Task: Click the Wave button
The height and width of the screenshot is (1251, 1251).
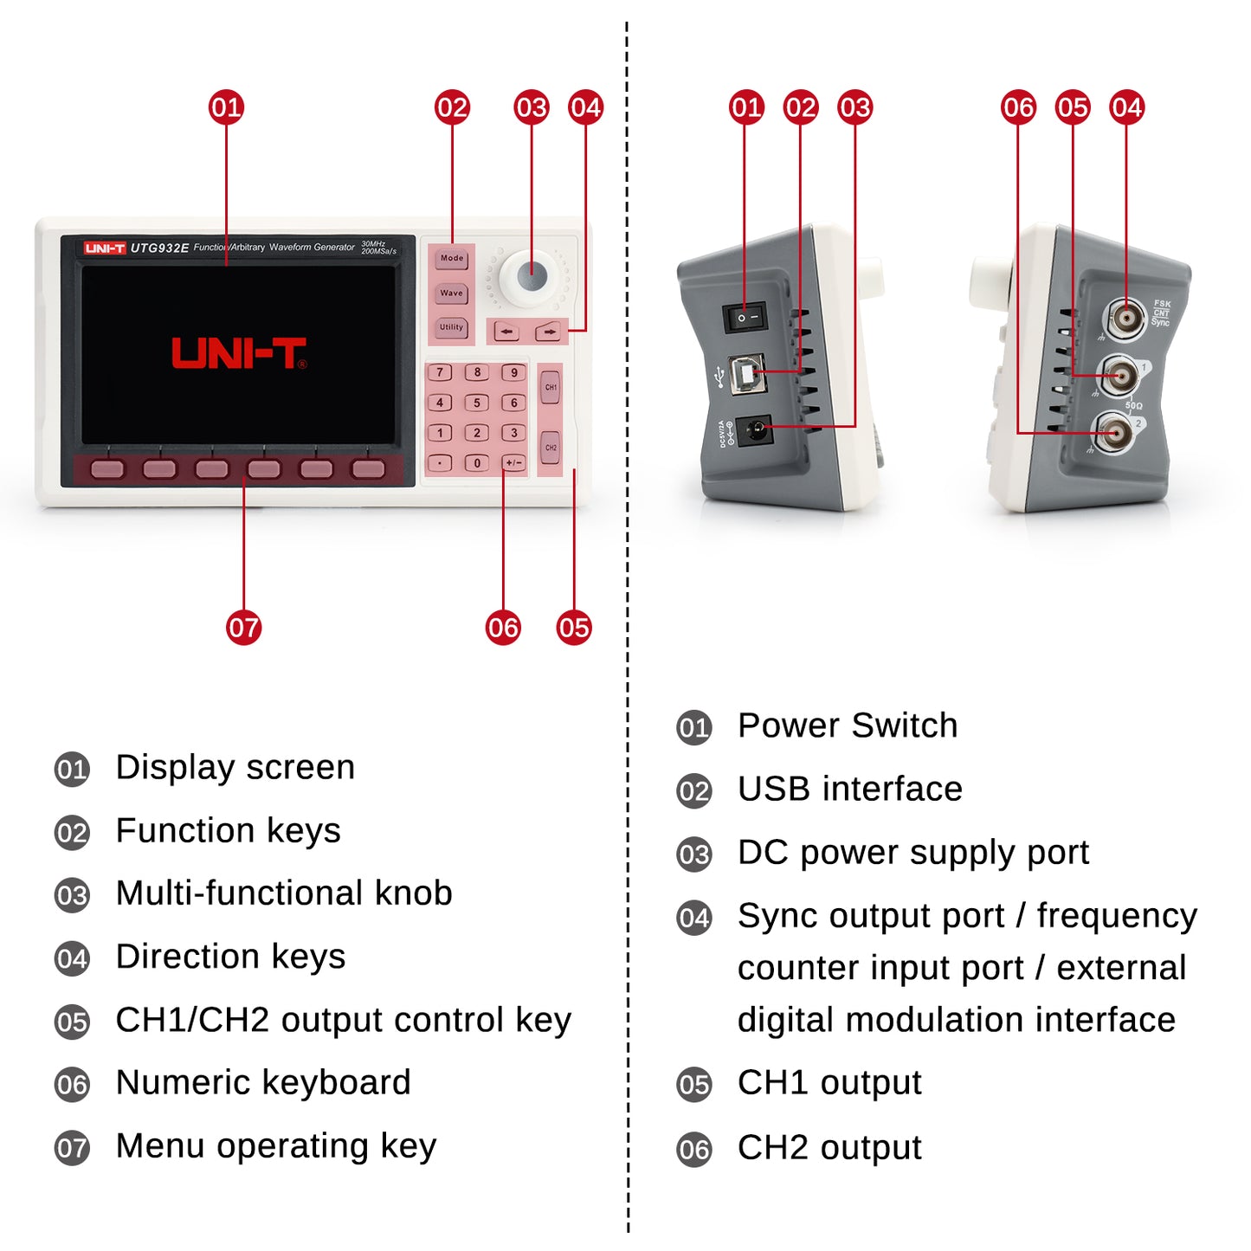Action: [x=451, y=293]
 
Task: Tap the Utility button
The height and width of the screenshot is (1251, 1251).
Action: [x=451, y=327]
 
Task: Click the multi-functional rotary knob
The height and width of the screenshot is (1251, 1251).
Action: [x=532, y=276]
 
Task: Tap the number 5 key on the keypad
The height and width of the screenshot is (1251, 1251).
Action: [x=476, y=403]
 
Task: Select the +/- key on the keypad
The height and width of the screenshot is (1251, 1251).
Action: [x=513, y=462]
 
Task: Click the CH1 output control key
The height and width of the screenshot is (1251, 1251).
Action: [x=551, y=387]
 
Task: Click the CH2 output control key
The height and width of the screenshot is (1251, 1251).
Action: [x=551, y=448]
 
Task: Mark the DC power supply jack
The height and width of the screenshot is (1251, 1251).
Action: [x=756, y=429]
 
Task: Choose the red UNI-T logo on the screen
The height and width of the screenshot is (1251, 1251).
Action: [x=239, y=353]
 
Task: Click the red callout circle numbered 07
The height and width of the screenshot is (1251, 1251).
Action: [x=243, y=628]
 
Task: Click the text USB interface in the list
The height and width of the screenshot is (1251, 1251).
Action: [x=849, y=789]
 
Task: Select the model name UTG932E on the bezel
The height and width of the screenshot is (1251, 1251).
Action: [x=159, y=248]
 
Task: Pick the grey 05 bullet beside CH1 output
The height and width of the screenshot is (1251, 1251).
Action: [x=693, y=1085]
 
